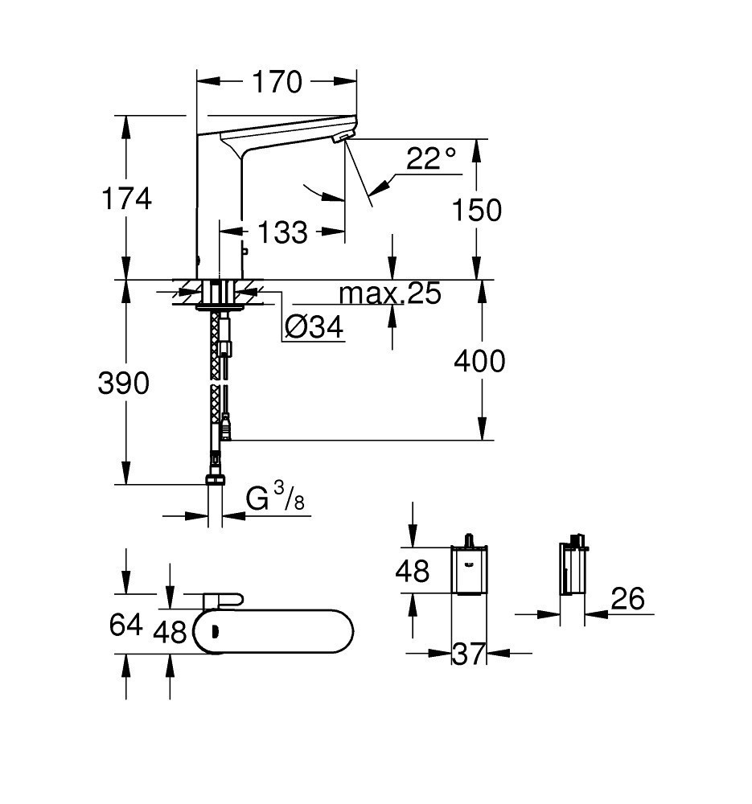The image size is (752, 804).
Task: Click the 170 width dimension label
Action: point(277,81)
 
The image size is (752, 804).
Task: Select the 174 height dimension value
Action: point(126,198)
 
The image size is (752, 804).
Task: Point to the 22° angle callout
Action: point(431,158)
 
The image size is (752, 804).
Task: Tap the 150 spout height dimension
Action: point(477,210)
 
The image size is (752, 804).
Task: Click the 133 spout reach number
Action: point(282,232)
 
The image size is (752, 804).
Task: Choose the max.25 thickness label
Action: point(390,294)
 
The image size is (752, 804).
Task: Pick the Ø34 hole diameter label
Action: point(314,326)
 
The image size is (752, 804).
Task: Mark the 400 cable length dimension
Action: point(480,361)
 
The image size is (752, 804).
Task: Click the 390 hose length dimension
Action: point(124,384)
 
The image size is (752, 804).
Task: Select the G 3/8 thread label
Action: point(275,499)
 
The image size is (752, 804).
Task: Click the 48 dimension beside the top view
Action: point(170,632)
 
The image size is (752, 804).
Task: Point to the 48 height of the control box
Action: point(412,571)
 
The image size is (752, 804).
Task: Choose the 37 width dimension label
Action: point(470,654)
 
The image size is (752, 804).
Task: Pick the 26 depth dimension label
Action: point(628,598)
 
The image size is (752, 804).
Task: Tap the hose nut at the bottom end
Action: point(215,479)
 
